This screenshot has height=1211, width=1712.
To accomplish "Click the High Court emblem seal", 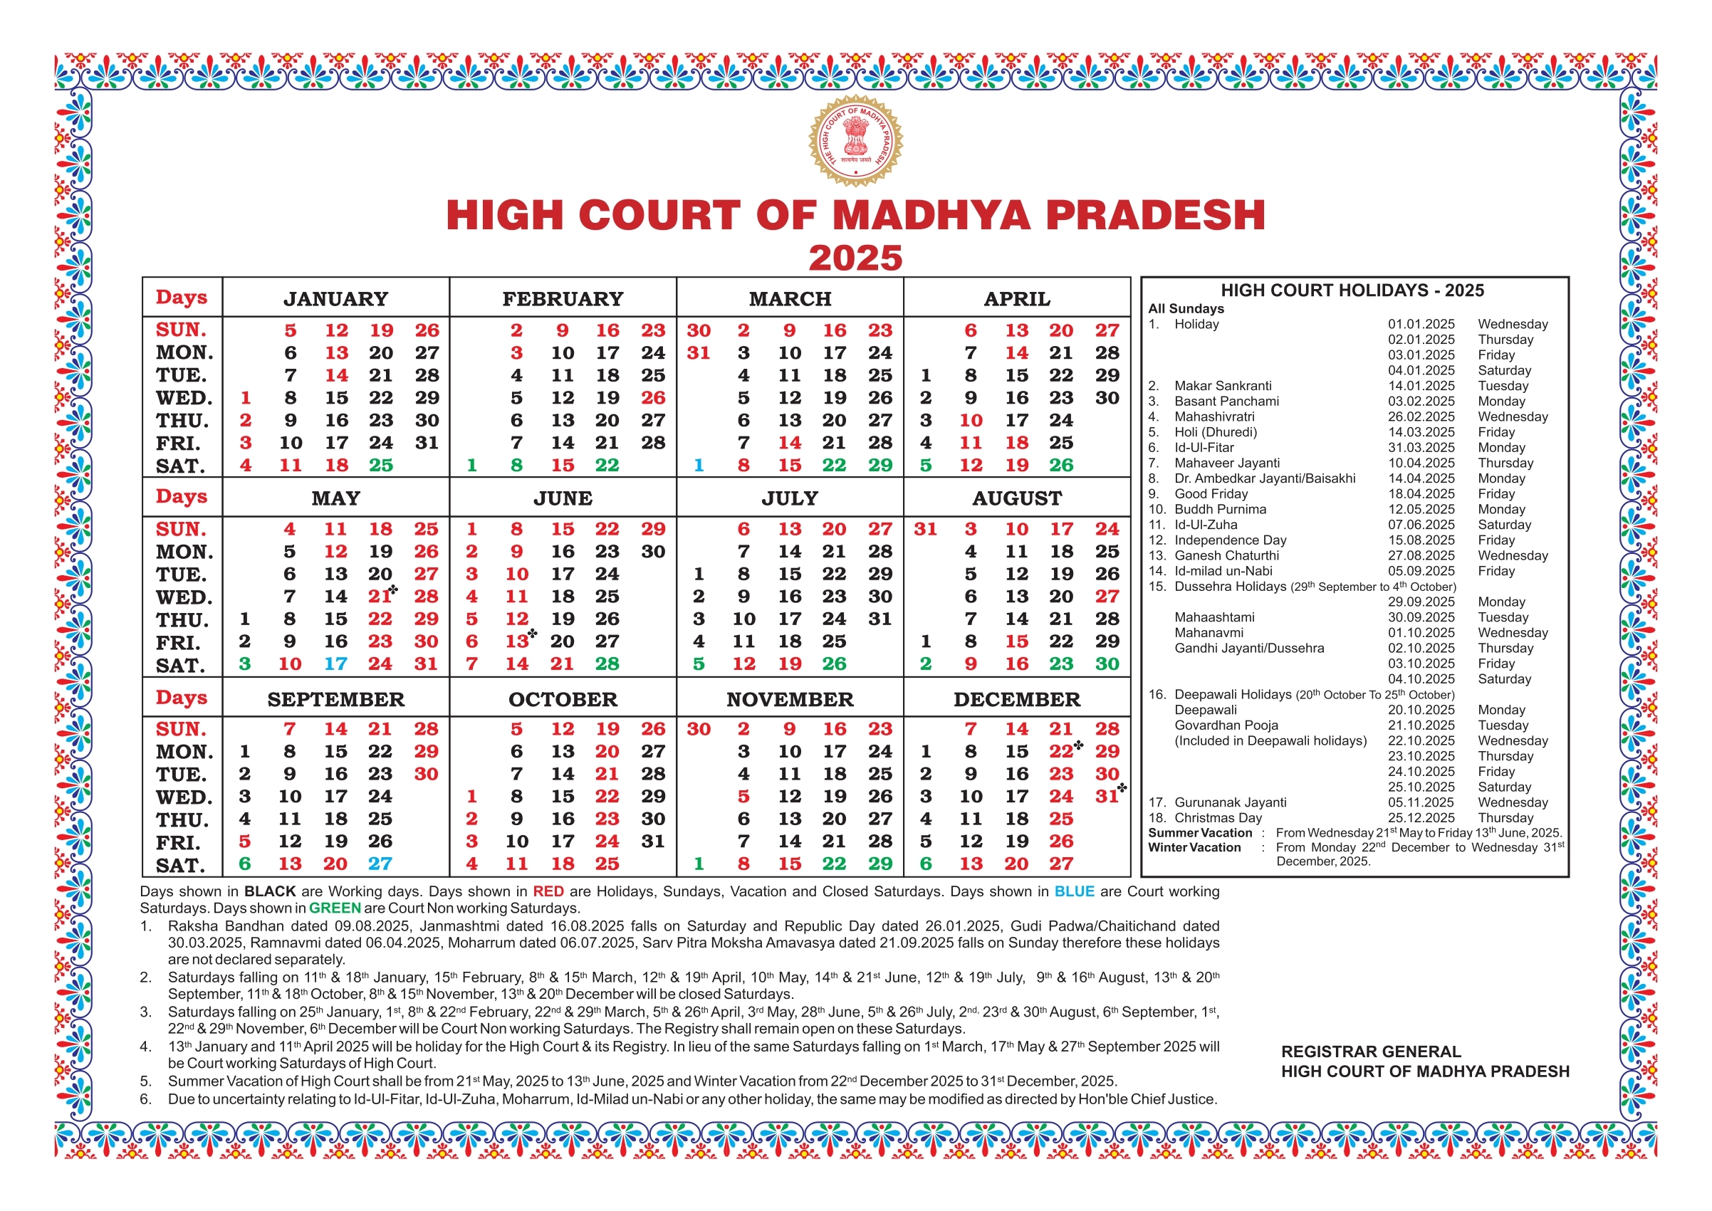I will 855,140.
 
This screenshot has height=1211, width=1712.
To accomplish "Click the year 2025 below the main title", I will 855,258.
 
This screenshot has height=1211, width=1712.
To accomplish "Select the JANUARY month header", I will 335,299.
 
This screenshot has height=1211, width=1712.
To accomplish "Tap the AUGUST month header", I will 1017,498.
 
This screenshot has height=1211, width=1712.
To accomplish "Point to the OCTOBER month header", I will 563,699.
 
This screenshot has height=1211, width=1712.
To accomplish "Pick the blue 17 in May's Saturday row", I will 335,664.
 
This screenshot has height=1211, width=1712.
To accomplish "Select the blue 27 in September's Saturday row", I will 380,864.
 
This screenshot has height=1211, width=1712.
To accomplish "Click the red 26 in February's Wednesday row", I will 653,398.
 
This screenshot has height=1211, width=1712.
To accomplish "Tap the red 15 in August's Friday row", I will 1016,641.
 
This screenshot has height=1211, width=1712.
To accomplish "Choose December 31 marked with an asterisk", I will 1107,797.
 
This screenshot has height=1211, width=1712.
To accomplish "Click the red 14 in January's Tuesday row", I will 335,376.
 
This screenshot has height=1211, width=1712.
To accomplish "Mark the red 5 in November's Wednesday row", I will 743,797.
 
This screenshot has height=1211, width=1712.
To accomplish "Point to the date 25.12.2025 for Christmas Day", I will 1420,818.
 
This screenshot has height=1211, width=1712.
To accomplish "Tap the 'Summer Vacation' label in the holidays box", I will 1199,833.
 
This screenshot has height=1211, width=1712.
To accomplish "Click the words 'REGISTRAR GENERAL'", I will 1370,1052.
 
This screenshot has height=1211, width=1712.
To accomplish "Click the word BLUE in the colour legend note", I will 1073,891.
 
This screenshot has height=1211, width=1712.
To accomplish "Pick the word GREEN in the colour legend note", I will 334,908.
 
